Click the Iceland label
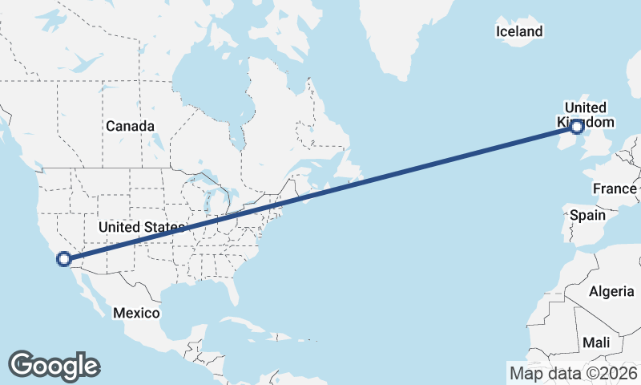coord(519,31)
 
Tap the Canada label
coord(130,126)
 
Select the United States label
coord(141,228)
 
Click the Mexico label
coord(136,312)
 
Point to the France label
coord(615,188)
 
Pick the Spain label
coord(587,215)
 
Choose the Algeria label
coord(611,291)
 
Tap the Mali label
coord(596,342)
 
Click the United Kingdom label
coord(585,115)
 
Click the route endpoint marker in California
coord(63,259)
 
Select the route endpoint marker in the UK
coord(576,125)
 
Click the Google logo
coord(54,366)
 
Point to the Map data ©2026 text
coord(573,372)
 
